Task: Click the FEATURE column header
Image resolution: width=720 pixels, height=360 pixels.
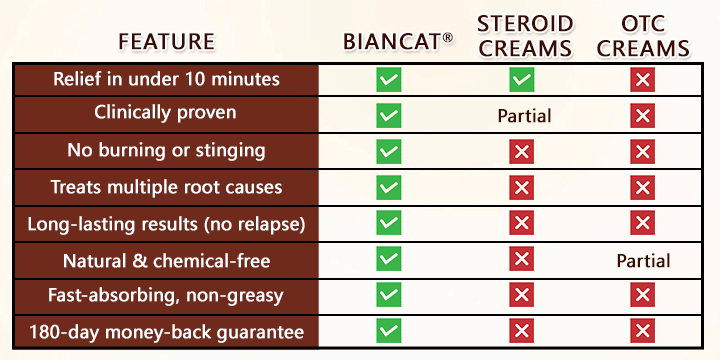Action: [x=166, y=41]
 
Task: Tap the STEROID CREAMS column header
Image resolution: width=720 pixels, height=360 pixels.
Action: [x=524, y=35]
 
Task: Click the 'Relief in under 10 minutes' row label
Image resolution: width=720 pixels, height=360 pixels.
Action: [x=167, y=79]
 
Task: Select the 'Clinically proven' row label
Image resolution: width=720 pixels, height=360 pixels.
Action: [x=165, y=112]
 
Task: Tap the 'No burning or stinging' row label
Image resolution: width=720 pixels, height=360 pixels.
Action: [x=166, y=150]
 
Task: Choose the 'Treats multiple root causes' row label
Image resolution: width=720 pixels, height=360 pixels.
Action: [x=166, y=186]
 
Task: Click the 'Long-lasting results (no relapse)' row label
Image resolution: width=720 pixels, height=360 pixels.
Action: [x=166, y=223]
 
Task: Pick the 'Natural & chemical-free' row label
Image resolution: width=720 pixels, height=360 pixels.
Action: [x=166, y=260]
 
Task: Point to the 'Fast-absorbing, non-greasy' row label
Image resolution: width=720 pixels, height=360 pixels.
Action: [x=166, y=296]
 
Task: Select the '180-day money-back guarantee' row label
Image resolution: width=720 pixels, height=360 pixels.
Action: [x=166, y=332]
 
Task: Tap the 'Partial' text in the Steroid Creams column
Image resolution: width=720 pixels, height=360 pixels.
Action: [x=524, y=116]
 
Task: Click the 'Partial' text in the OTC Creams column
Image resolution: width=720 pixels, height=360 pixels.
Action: [x=643, y=261]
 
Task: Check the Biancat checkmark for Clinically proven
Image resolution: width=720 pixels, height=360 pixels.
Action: [x=389, y=116]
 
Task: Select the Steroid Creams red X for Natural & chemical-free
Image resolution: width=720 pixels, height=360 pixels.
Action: [x=521, y=260]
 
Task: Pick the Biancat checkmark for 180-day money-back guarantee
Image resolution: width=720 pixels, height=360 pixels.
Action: [x=389, y=332]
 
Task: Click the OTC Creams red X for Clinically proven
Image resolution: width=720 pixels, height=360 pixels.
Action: [x=642, y=116]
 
